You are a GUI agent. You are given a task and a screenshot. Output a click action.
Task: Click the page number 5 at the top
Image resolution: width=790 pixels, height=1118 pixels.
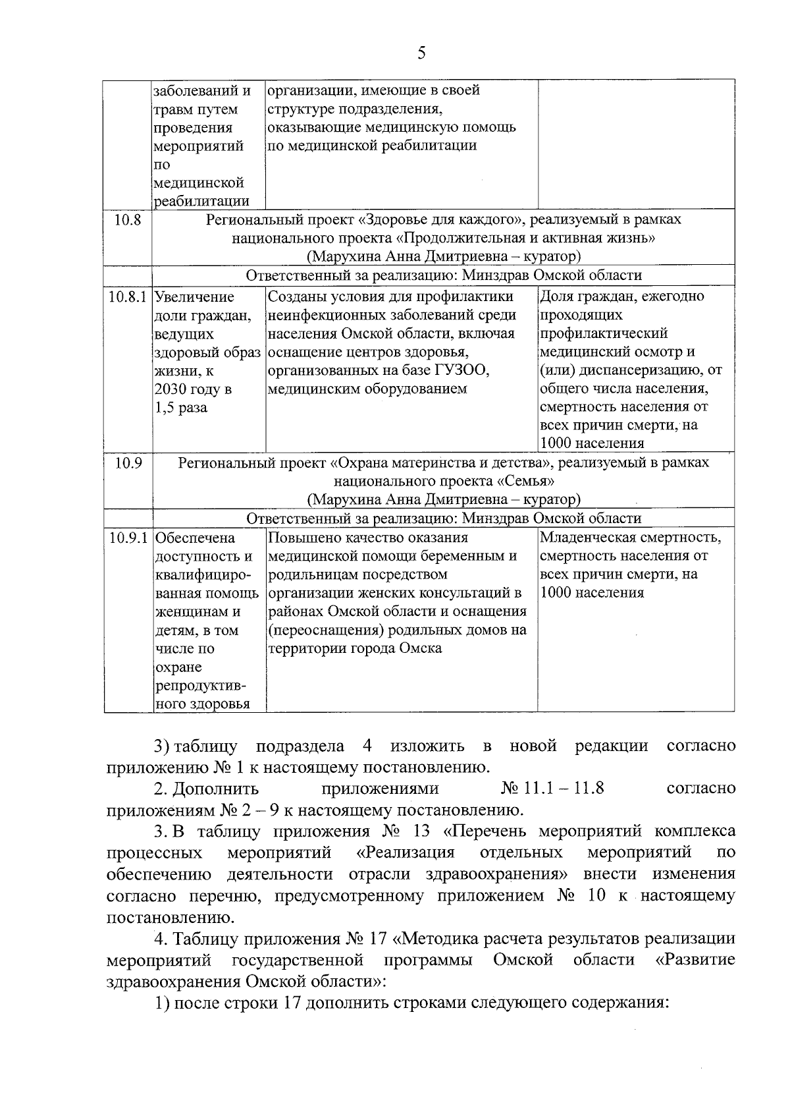point(421,53)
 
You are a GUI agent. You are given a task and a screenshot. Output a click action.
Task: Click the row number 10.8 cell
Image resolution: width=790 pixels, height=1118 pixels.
point(128,220)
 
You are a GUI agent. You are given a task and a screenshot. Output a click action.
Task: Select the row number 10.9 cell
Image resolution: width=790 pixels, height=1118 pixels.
point(128,463)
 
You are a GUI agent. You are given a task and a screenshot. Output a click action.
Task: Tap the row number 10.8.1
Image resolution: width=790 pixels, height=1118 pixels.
point(128,297)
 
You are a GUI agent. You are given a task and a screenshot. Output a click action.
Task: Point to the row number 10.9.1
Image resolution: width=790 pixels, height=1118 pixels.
point(128,538)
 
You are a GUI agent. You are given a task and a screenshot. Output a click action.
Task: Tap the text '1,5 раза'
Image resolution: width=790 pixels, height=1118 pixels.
point(180,408)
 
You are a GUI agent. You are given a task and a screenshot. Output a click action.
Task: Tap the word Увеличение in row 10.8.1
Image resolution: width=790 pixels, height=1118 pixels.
point(194,297)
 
